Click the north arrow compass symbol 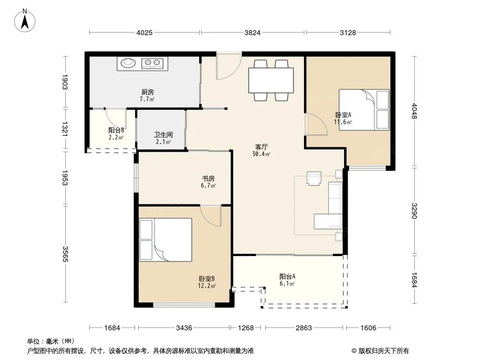tap(25, 21)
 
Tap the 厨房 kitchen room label tap(148, 92)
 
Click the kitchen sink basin tap(128, 63)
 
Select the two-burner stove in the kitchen tap(153, 63)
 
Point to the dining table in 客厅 tap(271, 80)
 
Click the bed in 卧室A tap(364, 110)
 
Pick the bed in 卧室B tap(165, 239)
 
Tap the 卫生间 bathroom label tap(163, 135)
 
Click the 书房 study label tap(208, 178)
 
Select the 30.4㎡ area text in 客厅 tap(261, 154)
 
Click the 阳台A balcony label tap(287, 276)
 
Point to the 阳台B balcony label tap(116, 130)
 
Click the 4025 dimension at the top tap(144, 32)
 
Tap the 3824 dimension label tap(252, 32)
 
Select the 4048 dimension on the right tap(414, 111)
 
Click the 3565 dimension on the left tap(65, 254)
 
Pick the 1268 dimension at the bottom tap(246, 328)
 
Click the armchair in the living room tap(314, 178)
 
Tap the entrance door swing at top tap(228, 66)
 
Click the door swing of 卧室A tap(316, 124)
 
